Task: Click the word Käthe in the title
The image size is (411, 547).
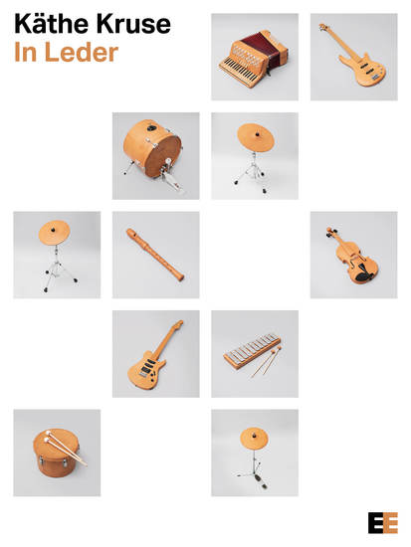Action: click(x=51, y=24)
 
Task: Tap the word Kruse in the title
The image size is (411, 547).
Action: click(x=133, y=24)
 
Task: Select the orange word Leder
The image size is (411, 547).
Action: click(x=82, y=52)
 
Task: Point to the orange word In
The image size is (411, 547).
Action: click(x=25, y=52)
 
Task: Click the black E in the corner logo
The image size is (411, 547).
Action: click(x=375, y=522)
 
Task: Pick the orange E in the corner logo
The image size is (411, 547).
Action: click(x=391, y=522)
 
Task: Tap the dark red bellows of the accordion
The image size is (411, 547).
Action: click(x=265, y=48)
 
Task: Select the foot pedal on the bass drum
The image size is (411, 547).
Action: click(x=171, y=177)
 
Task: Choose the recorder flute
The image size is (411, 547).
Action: click(x=155, y=255)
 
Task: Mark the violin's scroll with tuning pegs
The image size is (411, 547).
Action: click(x=332, y=233)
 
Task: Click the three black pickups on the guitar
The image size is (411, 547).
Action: click(x=148, y=366)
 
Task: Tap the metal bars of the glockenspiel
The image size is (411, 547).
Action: click(x=253, y=346)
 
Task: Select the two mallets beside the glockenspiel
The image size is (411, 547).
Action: click(x=266, y=361)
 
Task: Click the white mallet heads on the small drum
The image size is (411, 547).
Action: click(x=47, y=437)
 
